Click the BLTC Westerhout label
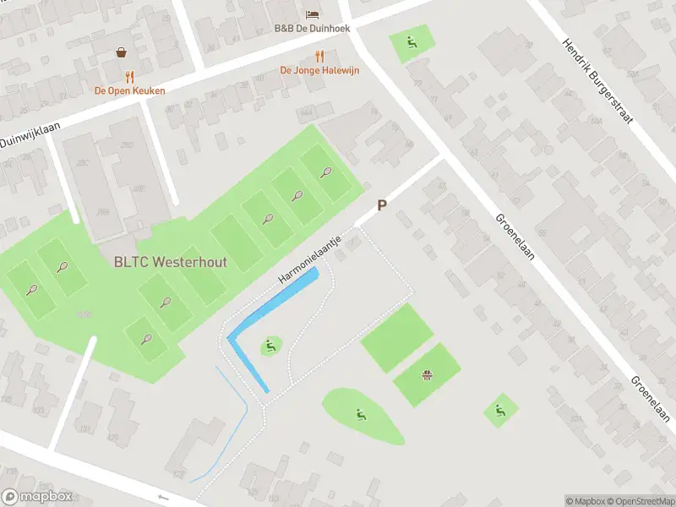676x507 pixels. tap(170, 262)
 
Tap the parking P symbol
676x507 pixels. tap(382, 205)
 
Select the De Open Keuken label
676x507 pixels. tap(129, 90)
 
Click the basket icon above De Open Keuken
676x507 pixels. tap(123, 52)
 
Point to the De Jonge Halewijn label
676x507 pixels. tap(319, 70)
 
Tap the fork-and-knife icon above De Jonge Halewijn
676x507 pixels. tap(319, 56)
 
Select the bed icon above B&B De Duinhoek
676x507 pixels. tap(311, 14)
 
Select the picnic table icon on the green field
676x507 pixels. tap(428, 374)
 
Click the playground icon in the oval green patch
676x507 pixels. tap(361, 414)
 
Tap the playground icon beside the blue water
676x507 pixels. tap(270, 345)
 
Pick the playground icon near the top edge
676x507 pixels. tap(412, 41)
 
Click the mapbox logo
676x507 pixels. tap(35, 497)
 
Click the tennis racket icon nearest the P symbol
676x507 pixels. tap(326, 172)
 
